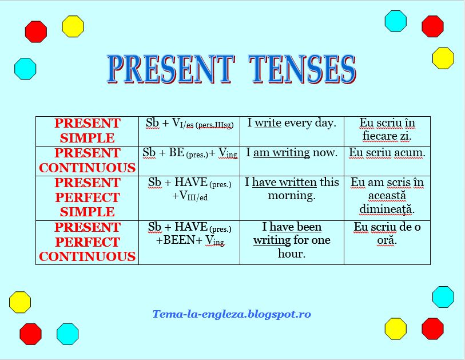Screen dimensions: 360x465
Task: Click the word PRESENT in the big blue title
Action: pyautogui.click(x=170, y=70)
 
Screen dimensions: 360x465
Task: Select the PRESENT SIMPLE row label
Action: pyautogui.click(x=87, y=130)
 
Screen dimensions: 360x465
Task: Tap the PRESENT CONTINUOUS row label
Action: pyautogui.click(x=87, y=160)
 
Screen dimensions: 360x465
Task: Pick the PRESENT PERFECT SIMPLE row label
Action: pyautogui.click(x=87, y=197)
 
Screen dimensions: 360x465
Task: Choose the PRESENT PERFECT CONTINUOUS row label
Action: pyautogui.click(x=87, y=242)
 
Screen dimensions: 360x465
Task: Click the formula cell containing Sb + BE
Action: pyautogui.click(x=189, y=153)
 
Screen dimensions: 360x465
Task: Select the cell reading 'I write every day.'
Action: pyautogui.click(x=292, y=123)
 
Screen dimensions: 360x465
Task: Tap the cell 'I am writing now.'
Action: pyautogui.click(x=292, y=153)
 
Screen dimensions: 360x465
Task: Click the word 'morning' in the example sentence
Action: pyautogui.click(x=291, y=196)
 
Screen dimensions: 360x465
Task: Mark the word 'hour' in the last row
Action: pyautogui.click(x=292, y=254)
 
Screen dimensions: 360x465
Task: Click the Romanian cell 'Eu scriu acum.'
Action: pyautogui.click(x=387, y=153)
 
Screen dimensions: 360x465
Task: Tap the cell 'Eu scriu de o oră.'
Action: pyautogui.click(x=387, y=234)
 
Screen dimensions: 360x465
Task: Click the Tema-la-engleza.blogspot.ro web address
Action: pyautogui.click(x=232, y=314)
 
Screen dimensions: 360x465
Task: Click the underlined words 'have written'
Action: pyautogui.click(x=284, y=182)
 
